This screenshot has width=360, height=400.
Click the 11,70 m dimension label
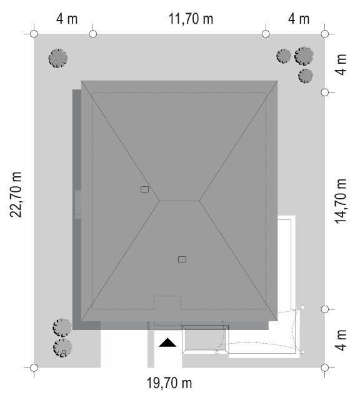[x=191, y=19]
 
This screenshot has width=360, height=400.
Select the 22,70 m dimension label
[x=16, y=194]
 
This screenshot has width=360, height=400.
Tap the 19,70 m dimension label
[x=169, y=383]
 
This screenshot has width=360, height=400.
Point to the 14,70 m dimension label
[x=341, y=201]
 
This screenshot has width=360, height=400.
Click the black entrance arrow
[x=167, y=342]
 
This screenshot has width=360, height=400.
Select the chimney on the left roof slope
[x=144, y=189]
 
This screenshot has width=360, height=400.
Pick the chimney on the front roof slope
[x=182, y=259]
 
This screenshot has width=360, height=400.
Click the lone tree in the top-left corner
[x=58, y=58]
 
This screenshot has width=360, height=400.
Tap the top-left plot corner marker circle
[x=34, y=34]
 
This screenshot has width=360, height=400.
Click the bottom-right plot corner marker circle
[x=325, y=368]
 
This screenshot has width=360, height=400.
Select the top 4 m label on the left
[x=67, y=19]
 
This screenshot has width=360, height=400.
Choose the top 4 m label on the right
[x=299, y=19]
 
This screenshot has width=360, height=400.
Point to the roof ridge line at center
[x=179, y=201]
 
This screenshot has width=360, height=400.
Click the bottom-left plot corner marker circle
[x=34, y=368]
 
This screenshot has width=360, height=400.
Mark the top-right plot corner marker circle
[x=325, y=34]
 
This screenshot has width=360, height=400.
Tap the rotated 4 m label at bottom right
[x=341, y=340]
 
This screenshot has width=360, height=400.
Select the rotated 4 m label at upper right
[x=341, y=64]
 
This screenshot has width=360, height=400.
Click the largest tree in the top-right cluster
[x=304, y=56]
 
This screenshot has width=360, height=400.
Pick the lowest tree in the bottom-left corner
[x=62, y=347]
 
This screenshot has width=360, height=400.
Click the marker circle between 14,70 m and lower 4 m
[x=325, y=309]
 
